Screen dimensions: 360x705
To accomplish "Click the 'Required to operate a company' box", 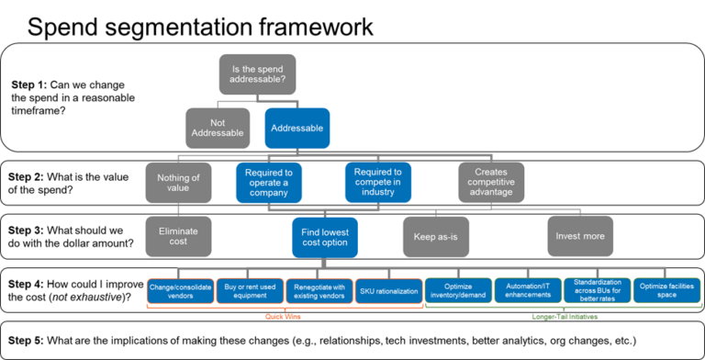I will click(268, 182).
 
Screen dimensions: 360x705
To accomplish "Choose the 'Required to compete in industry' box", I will click(377, 182).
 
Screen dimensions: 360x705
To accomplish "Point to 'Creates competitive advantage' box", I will click(491, 182).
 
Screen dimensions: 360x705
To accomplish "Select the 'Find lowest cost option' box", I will click(324, 237).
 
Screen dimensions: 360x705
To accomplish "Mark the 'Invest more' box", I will click(580, 236).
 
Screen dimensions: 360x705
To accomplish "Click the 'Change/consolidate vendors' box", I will click(180, 290).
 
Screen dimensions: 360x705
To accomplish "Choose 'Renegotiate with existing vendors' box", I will click(319, 290).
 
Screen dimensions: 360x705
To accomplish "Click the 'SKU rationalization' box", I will click(386, 290).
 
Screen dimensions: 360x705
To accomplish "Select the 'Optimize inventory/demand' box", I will click(458, 290).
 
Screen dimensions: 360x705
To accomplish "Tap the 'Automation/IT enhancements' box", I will click(528, 290).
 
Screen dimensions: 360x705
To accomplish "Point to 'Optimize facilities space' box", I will click(666, 290).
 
